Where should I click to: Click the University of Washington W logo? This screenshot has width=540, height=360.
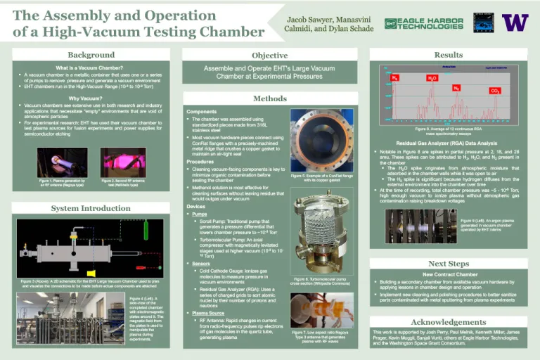(515, 22)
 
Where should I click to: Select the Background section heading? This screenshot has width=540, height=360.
(91, 55)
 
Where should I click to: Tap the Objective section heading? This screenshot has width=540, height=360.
(269, 55)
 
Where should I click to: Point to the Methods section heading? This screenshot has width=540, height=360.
(269, 98)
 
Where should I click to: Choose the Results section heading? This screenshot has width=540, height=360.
(448, 55)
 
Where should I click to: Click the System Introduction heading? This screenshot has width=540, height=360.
(91, 208)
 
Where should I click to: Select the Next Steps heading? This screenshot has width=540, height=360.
(448, 263)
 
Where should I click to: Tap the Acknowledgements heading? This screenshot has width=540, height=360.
(448, 321)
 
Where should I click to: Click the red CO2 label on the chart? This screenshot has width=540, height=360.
(495, 91)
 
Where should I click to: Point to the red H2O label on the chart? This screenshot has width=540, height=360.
(432, 78)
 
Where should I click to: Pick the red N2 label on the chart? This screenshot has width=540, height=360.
(456, 88)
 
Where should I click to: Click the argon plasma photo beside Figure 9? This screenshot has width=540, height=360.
(421, 225)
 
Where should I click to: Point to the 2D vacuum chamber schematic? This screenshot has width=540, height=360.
(91, 248)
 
